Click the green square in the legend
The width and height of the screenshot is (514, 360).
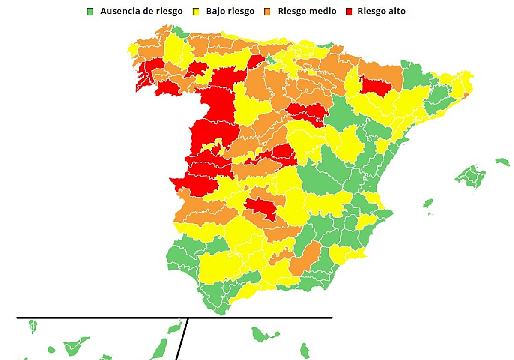tap(90, 12)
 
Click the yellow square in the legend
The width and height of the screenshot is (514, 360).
tap(196, 12)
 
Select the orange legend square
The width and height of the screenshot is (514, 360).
tap(267, 12)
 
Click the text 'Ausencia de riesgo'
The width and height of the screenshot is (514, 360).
tap(141, 12)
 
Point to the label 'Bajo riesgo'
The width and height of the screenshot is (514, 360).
tap(230, 12)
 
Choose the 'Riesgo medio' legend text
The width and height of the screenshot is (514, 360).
tap(307, 12)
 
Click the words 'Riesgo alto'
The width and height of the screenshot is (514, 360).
tap(381, 12)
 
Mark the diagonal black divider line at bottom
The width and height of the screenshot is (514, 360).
tap(182, 339)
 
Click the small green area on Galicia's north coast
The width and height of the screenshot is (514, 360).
tap(180, 31)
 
